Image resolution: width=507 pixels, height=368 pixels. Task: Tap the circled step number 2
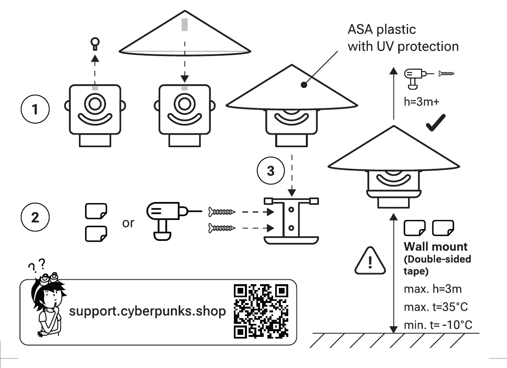(x=35, y=217)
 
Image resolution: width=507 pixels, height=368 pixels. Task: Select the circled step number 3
(x=271, y=171)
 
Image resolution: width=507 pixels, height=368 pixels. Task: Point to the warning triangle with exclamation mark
(x=370, y=260)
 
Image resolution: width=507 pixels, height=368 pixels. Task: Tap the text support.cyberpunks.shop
(x=147, y=312)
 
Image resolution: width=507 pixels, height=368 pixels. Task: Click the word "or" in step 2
(x=128, y=223)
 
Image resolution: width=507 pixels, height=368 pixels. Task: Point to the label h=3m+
(x=422, y=102)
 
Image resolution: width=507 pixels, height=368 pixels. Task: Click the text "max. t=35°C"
(x=435, y=307)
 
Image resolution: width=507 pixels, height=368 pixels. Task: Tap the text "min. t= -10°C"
(x=438, y=325)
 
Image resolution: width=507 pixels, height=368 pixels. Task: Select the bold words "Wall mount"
(x=435, y=247)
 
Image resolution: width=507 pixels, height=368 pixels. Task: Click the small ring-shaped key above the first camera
(x=95, y=43)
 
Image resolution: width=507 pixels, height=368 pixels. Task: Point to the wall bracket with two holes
(x=291, y=221)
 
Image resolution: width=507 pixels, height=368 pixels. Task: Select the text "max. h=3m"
(x=433, y=289)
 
